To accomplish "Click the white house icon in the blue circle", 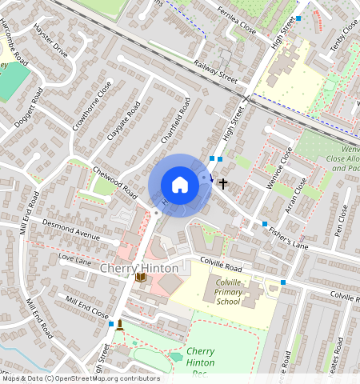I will pyautogui.click(x=180, y=185).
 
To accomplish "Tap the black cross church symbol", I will pyautogui.click(x=223, y=183).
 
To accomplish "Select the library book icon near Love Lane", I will pyautogui.click(x=141, y=278).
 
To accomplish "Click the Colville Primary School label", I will pyautogui.click(x=228, y=292).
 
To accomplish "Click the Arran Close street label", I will pyautogui.click(x=295, y=196).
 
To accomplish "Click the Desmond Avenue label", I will pyautogui.click(x=70, y=230).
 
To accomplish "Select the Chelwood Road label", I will pyautogui.click(x=116, y=180).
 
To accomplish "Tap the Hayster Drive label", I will pyautogui.click(x=51, y=41).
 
